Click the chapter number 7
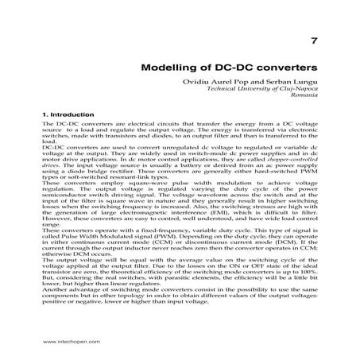point(314,40)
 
